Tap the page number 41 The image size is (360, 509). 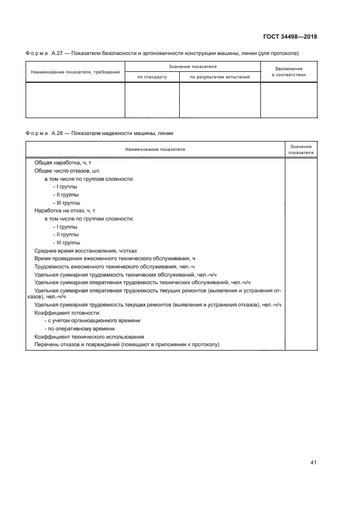313,463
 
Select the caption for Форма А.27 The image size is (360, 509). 162,53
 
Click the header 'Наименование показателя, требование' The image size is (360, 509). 75,72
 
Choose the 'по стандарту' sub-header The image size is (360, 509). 152,77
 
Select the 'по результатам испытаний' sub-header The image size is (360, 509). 219,77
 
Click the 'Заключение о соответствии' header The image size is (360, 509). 289,72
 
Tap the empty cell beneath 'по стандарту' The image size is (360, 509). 152,100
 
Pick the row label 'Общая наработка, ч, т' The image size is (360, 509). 66,163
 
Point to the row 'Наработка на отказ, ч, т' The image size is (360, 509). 65,210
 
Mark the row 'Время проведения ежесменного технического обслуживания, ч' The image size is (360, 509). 114,258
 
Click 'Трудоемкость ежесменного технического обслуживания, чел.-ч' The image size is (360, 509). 114,266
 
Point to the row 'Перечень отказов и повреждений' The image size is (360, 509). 126,345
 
